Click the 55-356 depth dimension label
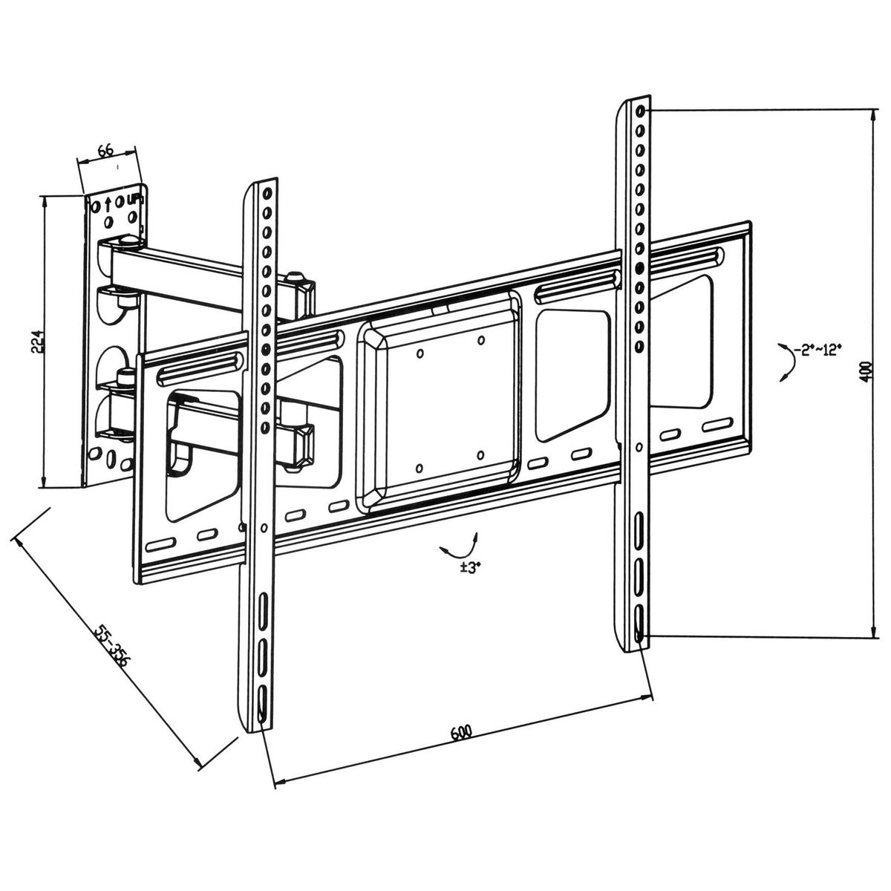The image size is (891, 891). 111,647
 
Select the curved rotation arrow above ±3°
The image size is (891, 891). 459,546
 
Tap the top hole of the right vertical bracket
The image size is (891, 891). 640,112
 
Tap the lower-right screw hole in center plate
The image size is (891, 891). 480,454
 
